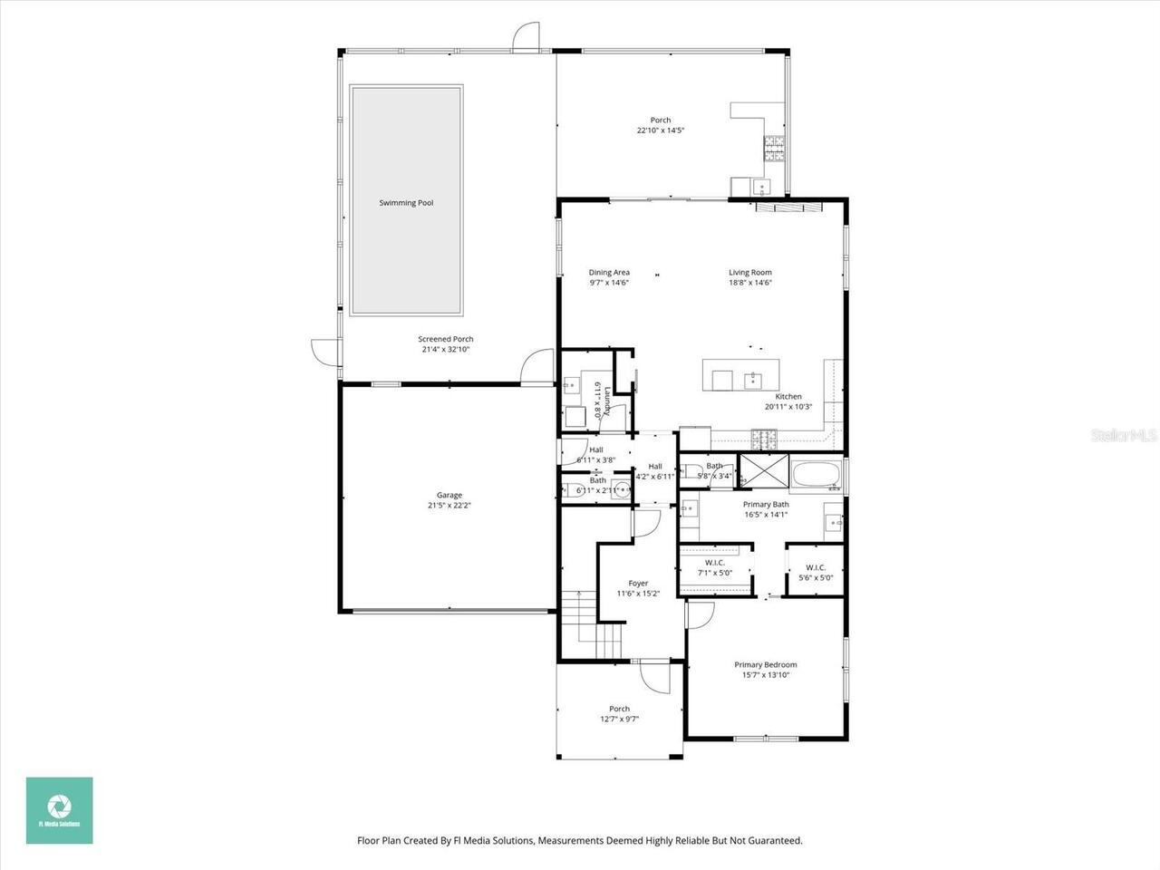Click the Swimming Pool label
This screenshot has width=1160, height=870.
tap(406, 203)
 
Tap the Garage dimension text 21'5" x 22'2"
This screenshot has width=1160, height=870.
tap(449, 506)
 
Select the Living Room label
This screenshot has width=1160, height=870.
tap(750, 272)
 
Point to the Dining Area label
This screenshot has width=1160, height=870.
tap(609, 272)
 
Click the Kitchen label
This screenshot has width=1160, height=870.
tap(788, 397)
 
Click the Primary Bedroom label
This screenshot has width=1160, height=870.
tap(765, 664)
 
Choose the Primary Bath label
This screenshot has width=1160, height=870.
tap(766, 504)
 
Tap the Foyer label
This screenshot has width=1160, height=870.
tap(638, 584)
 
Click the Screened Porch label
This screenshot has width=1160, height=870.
tap(446, 339)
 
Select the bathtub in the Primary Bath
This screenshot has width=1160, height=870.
tap(817, 473)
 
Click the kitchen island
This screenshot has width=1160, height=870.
tap(740, 374)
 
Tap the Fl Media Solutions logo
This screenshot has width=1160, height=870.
tap(59, 810)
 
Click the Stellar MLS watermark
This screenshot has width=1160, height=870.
tap(1124, 436)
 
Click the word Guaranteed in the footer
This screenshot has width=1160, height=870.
tap(771, 841)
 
